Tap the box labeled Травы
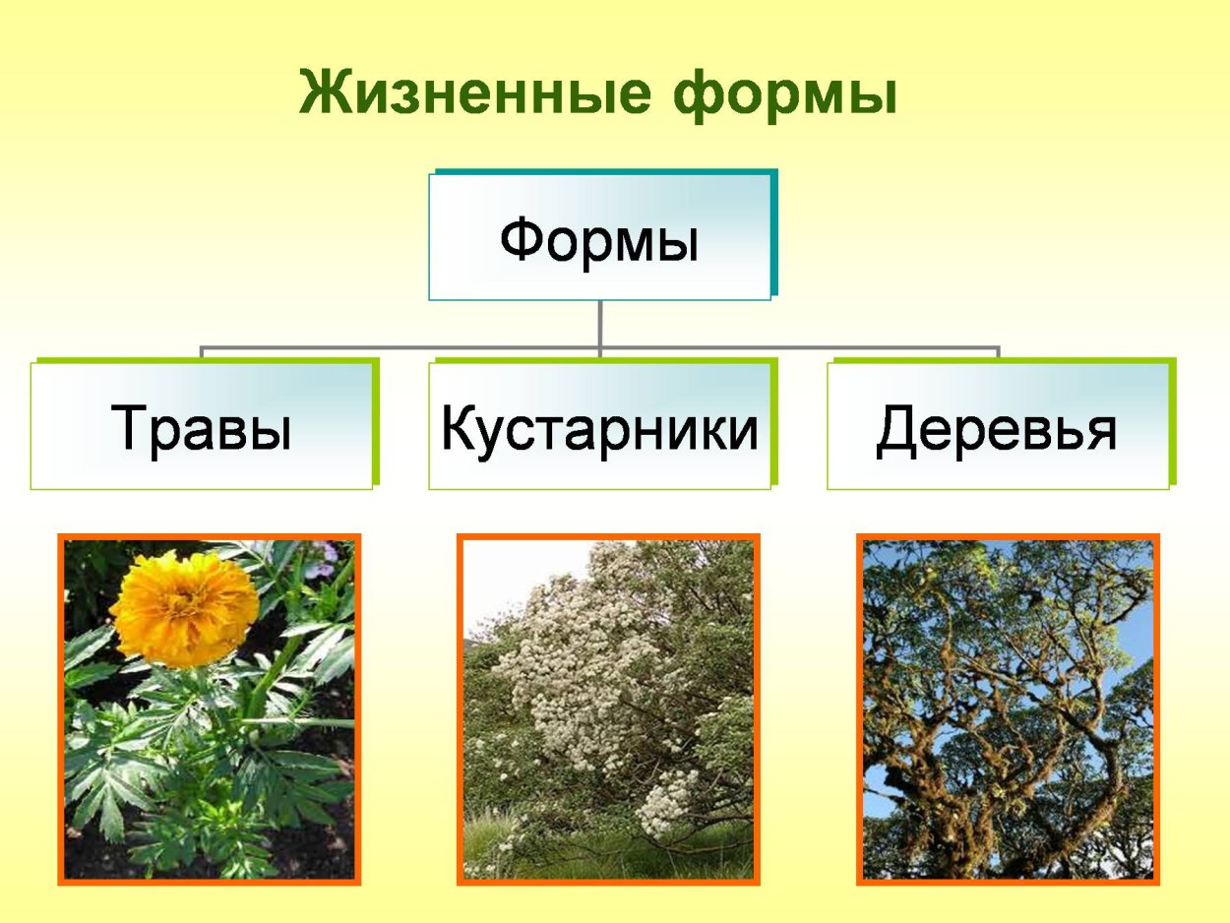(202, 427)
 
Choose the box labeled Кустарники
(599, 427)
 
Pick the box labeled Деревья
(997, 427)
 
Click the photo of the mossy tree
(1008, 708)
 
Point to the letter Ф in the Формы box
(522, 240)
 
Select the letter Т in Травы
(129, 428)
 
